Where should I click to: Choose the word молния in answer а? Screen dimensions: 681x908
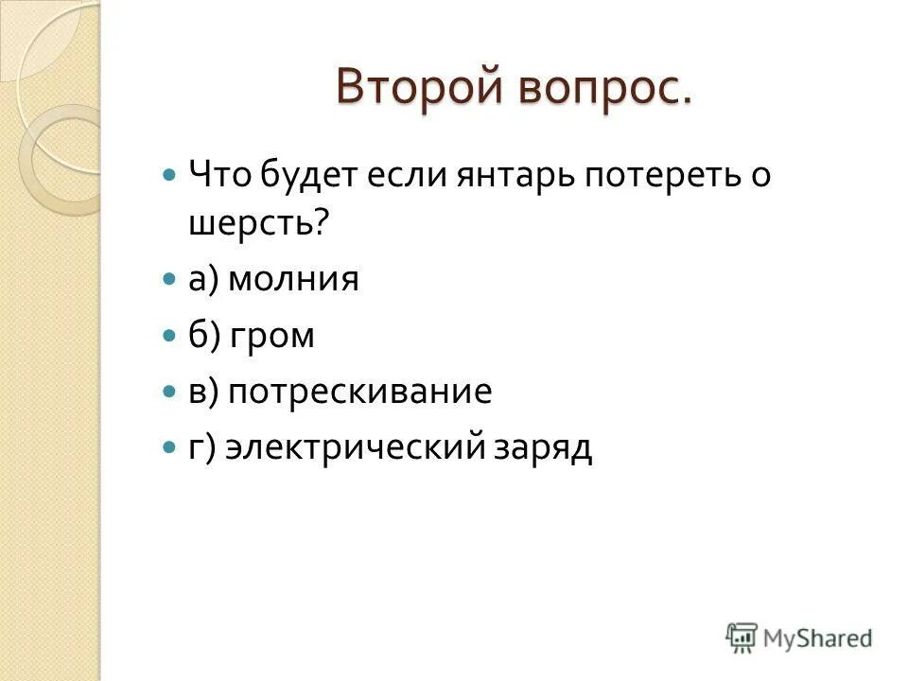[293, 280]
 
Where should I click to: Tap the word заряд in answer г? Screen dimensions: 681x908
[541, 447]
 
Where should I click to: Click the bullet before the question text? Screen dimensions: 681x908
[169, 175]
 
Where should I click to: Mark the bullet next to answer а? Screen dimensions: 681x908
[169, 280]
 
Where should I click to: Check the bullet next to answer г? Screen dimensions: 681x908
[169, 445]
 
